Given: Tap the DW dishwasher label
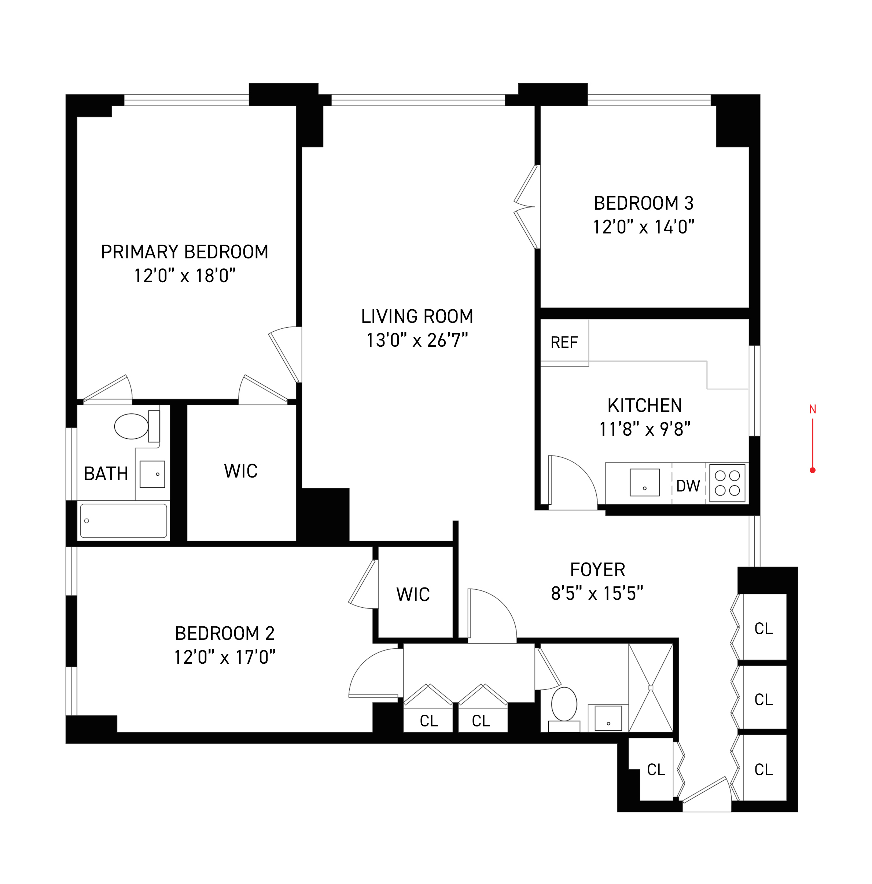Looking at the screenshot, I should click(x=688, y=486).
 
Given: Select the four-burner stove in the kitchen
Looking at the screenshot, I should click(x=726, y=483).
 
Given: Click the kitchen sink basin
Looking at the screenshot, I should click(x=644, y=482).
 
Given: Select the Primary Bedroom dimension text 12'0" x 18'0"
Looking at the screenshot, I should click(x=184, y=276).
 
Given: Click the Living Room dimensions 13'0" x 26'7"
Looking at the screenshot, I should click(x=416, y=340).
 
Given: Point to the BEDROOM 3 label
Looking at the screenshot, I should click(x=643, y=203).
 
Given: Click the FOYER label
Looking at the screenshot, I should click(x=597, y=570).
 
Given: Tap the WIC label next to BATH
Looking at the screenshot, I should click(x=241, y=471).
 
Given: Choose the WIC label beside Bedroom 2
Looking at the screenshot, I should click(x=413, y=594).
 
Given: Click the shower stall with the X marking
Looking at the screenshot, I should click(x=650, y=688).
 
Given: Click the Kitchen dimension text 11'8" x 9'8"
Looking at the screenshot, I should click(x=644, y=429).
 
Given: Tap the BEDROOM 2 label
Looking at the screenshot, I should click(x=224, y=633).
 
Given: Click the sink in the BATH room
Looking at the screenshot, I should click(x=152, y=474).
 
